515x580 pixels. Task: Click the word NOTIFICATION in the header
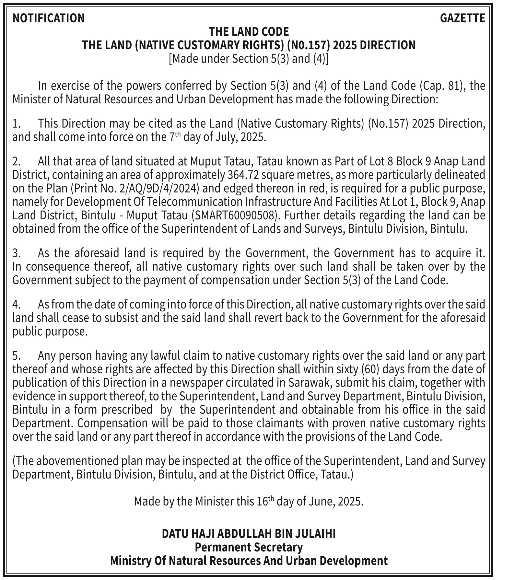(48, 18)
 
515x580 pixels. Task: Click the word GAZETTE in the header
(462, 18)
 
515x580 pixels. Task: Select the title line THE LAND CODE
(249, 32)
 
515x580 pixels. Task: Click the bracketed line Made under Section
(249, 59)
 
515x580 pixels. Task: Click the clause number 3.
(16, 253)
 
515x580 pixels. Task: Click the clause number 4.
(16, 305)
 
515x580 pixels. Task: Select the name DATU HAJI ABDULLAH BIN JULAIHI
(249, 534)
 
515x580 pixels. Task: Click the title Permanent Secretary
(249, 547)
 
